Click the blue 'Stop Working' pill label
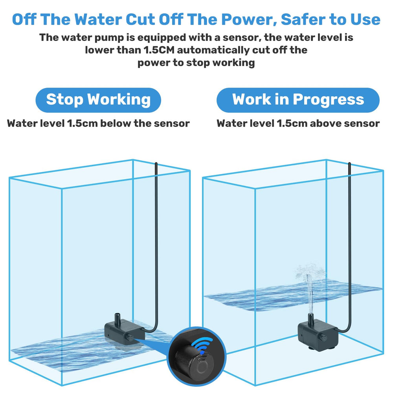(98, 100)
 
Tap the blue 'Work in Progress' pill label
(298, 100)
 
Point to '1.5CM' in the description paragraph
(159, 50)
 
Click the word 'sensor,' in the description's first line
(242, 38)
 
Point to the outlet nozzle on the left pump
(117, 318)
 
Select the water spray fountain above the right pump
(309, 288)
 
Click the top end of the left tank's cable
(156, 163)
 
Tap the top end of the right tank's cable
(349, 163)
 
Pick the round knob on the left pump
(130, 337)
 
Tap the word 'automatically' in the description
(213, 50)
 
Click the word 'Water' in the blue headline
(98, 19)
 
